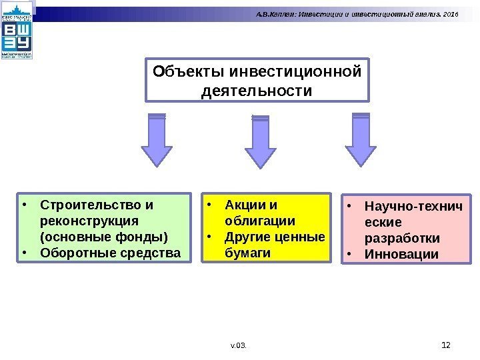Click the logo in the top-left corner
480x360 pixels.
click(17, 32)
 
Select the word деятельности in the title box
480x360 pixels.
click(256, 89)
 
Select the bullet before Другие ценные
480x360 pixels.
click(209, 237)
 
